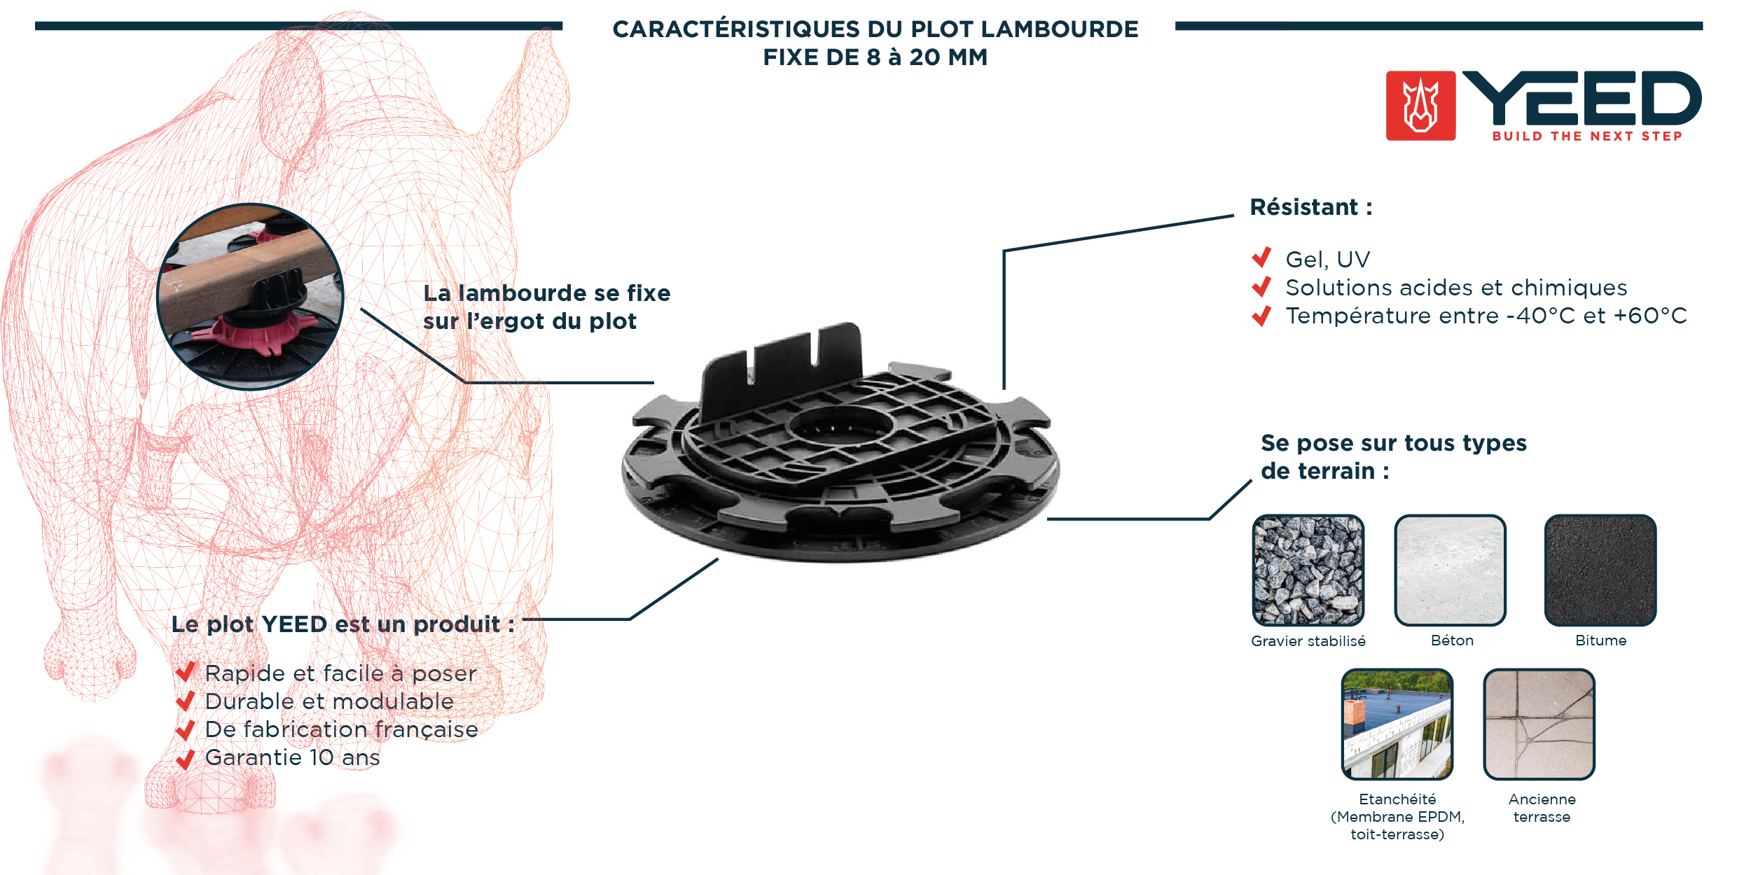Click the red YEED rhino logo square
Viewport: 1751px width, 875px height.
1420,106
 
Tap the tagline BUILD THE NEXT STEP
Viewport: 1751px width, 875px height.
1587,136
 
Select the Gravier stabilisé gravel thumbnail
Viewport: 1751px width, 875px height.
1308,570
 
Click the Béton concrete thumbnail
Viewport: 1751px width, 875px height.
1450,570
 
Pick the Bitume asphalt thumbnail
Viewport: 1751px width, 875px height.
1600,570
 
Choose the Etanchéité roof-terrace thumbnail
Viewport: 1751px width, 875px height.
1397,724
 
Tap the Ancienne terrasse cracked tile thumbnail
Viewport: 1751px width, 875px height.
1539,724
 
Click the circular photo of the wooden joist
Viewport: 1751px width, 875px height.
251,296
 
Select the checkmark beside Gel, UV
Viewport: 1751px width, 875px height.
1261,258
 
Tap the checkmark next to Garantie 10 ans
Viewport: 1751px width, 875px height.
186,759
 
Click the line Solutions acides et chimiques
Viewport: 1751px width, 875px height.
1456,288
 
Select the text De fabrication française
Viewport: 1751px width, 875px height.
341,729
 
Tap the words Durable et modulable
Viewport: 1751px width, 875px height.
329,701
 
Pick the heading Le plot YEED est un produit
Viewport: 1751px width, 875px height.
342,624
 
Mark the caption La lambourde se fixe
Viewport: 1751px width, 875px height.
546,293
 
